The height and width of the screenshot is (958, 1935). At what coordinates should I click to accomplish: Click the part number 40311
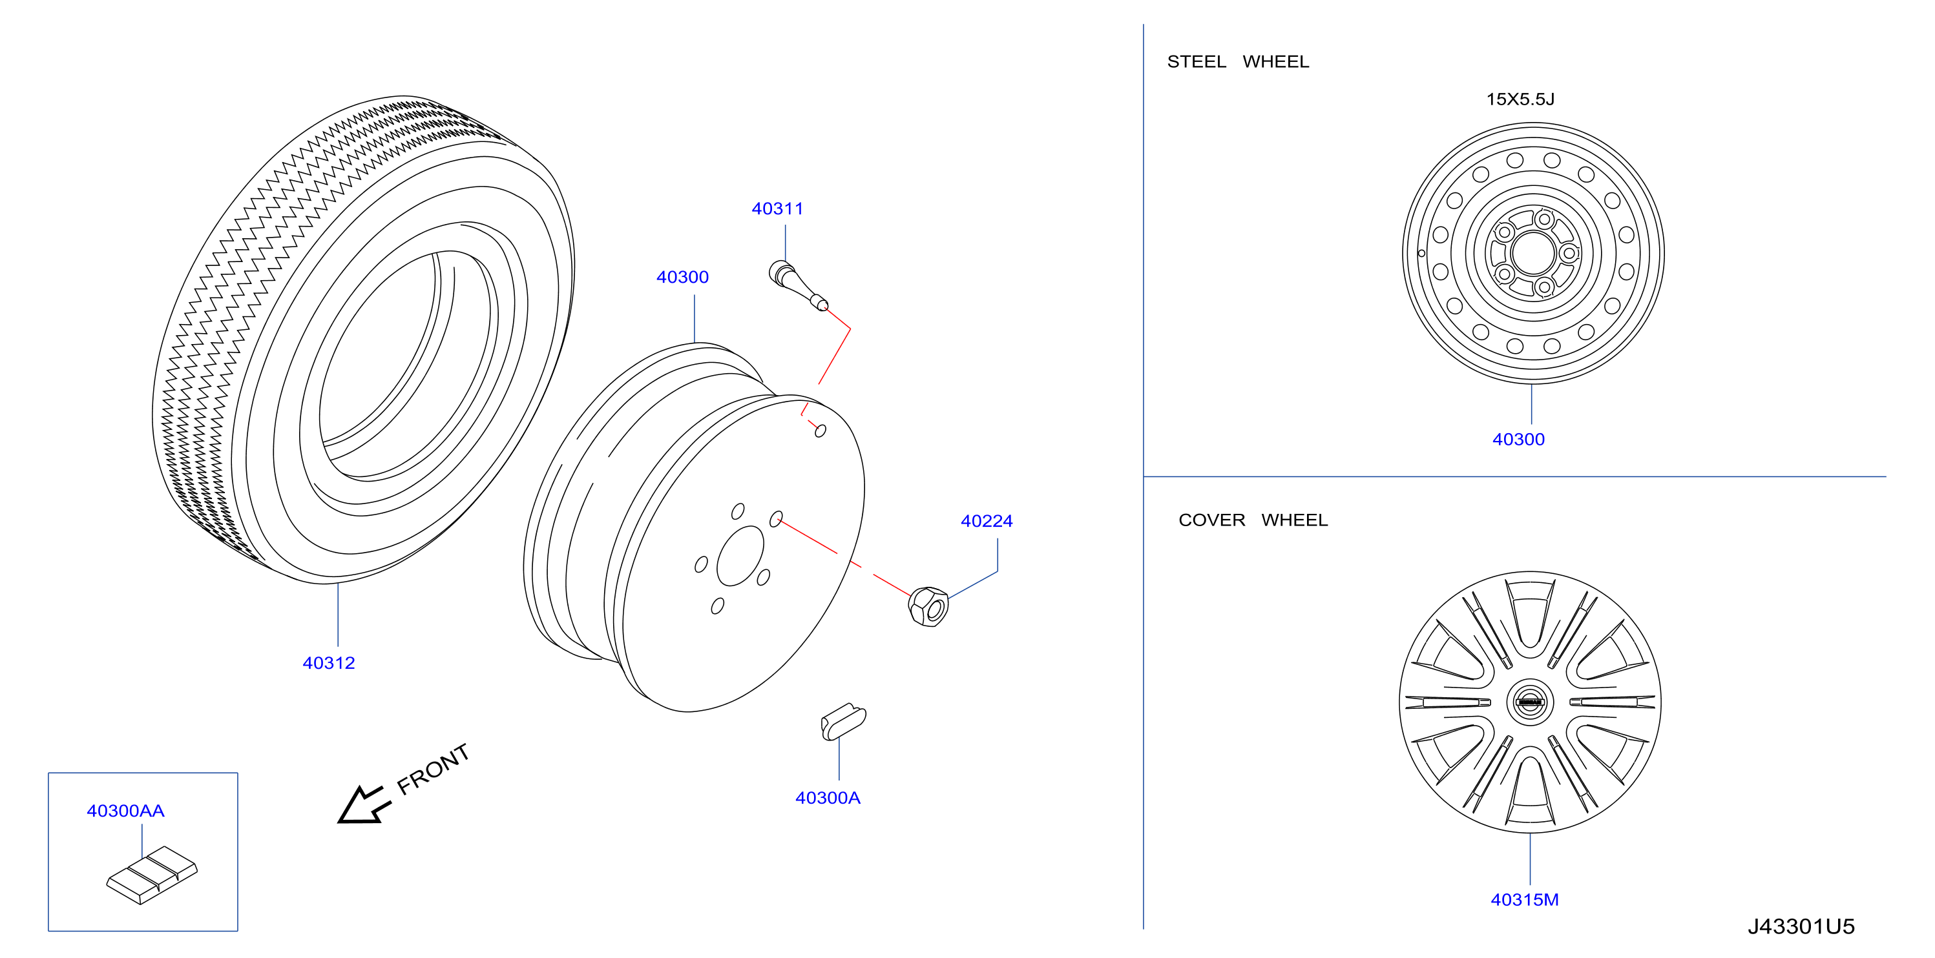tap(777, 209)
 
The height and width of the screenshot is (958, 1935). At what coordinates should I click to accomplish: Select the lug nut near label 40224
tap(928, 607)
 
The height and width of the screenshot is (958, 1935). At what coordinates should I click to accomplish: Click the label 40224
tap(987, 521)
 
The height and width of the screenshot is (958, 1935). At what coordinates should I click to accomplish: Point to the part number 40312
tap(328, 663)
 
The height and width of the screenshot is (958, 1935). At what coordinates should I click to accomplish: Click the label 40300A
tap(828, 797)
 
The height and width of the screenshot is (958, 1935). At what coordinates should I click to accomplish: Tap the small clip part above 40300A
tap(842, 722)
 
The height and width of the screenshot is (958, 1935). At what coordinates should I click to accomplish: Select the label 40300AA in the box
tap(125, 811)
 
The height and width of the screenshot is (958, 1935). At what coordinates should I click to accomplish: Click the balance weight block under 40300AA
tap(152, 875)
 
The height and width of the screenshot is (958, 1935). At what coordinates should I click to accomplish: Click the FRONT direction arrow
tap(364, 806)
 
